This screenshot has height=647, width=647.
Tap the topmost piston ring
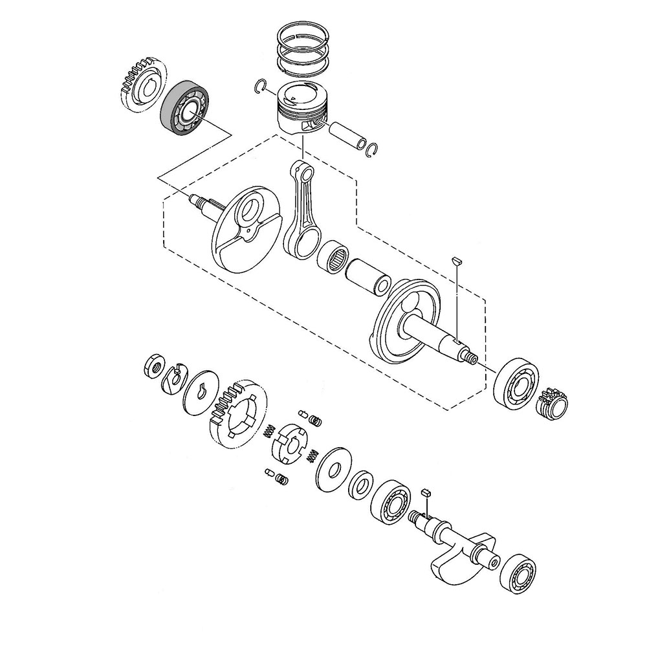(x=305, y=35)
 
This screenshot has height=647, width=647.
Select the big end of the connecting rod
(x=302, y=242)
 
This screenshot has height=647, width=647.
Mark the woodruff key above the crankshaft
(x=455, y=259)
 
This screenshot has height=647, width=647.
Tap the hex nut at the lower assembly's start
(x=154, y=366)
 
